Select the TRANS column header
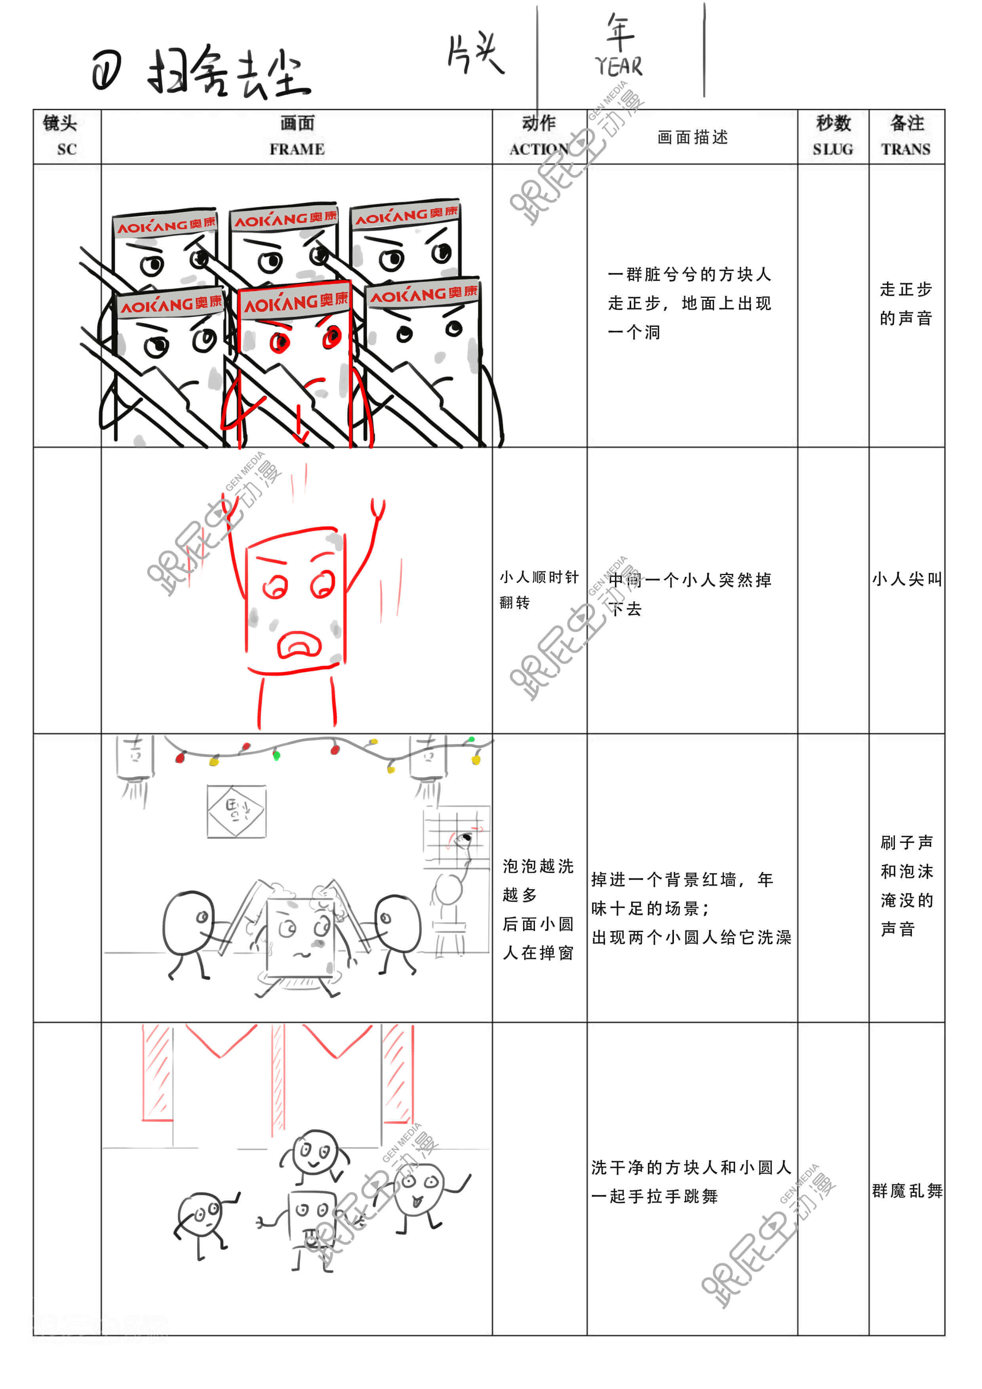906,136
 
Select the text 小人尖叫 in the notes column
906,579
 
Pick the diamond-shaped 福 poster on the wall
236,811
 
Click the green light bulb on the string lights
276,755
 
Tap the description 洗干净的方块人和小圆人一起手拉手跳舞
691,1181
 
